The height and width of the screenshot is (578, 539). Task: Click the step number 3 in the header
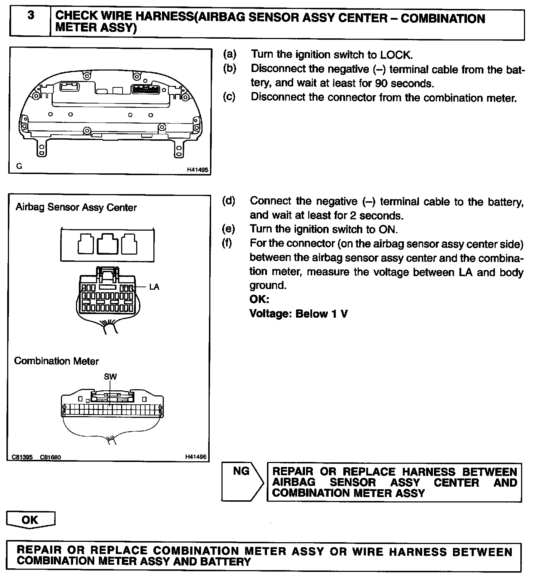coord(31,16)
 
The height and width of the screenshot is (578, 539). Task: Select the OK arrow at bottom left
coord(30,520)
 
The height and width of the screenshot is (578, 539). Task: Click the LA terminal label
coord(154,287)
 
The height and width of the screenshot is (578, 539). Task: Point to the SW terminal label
coord(110,376)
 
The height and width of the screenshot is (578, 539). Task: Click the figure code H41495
coord(197,170)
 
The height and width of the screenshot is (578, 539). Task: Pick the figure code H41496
coord(196,457)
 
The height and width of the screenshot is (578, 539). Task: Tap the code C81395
coord(22,457)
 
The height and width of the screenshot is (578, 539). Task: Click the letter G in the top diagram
coord(19,166)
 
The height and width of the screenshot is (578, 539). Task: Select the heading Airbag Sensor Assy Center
coord(76,207)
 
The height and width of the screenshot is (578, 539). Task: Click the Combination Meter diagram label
coord(56,361)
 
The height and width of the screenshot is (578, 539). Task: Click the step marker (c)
coord(229,97)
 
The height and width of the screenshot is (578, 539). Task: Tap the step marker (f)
coord(227,243)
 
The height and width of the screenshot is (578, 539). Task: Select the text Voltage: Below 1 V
coord(299,314)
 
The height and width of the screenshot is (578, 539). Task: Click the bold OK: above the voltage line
coord(259,299)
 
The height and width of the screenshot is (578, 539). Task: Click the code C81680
coord(51,457)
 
